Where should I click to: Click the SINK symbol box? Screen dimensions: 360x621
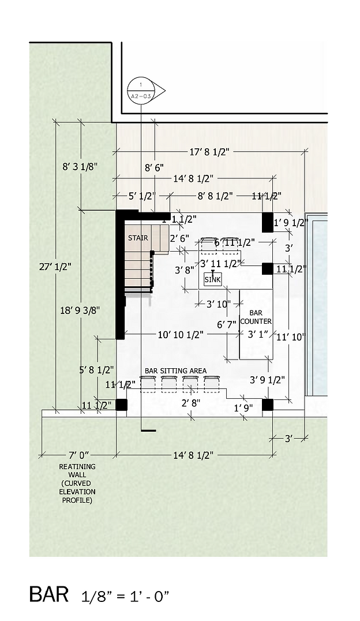pos(212,279)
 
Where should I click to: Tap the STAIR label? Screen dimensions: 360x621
pos(138,238)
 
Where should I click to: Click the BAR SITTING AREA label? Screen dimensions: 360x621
pos(175,371)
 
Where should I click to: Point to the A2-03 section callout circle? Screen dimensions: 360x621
pos(141,91)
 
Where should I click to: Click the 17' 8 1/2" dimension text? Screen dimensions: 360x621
pos(209,152)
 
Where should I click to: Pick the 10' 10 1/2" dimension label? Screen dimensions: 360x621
pos(180,334)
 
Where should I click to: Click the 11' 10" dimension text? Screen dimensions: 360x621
pos(290,337)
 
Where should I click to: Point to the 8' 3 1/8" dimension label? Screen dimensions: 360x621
pos(80,166)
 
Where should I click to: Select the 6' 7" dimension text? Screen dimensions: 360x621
pos(227,325)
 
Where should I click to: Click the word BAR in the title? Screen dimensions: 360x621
pos(50,594)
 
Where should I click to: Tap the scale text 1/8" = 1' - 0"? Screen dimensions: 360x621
pos(125,596)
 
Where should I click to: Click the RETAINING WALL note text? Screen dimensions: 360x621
pos(77,483)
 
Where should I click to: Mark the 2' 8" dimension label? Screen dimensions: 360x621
pos(191,402)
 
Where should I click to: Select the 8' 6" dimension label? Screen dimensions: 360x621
pos(154,167)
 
